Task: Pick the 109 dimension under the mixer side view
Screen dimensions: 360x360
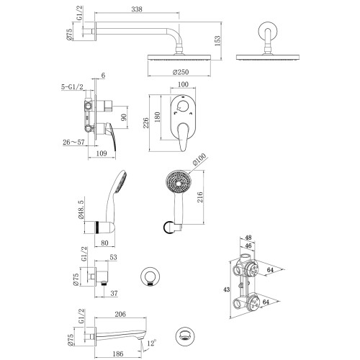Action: (x=101, y=154)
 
